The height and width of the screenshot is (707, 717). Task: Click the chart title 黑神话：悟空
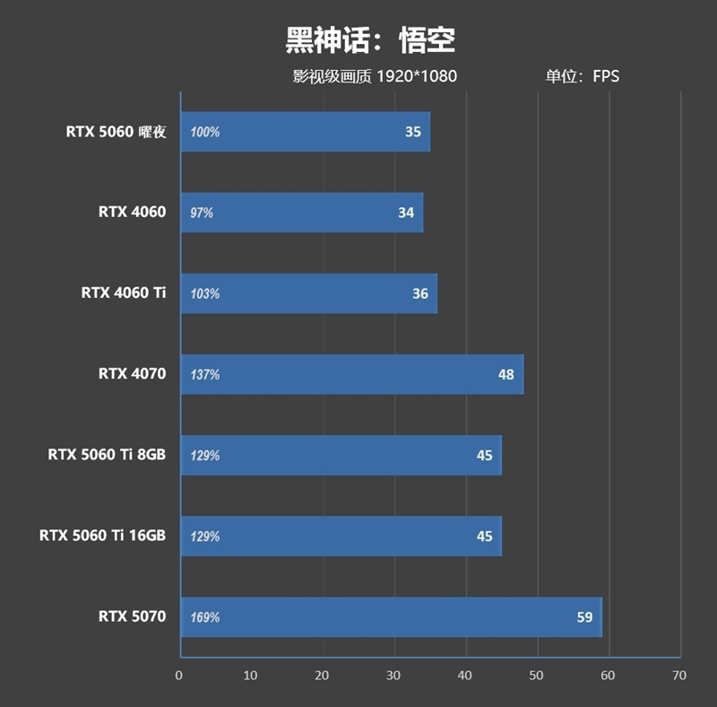370,39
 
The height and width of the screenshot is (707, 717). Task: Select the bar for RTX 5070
390,617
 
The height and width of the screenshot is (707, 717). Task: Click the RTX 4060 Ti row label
124,293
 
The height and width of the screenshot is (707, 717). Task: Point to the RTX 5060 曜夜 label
116,132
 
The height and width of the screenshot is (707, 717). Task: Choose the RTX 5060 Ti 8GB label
107,455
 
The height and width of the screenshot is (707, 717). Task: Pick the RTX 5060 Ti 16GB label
102,537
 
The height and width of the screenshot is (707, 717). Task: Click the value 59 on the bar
584,617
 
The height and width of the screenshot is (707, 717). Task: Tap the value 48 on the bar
506,374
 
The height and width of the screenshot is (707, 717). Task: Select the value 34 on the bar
406,213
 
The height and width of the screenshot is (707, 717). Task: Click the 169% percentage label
204,617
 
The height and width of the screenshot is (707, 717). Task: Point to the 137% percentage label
204,375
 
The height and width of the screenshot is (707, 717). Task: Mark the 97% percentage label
202,214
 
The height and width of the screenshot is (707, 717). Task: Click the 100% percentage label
204,132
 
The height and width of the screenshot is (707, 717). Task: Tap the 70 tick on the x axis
679,675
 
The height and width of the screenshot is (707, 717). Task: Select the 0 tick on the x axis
179,675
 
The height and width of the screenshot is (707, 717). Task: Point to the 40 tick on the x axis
464,675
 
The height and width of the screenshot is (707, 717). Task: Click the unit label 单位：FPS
583,76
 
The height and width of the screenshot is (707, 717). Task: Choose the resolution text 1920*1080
417,76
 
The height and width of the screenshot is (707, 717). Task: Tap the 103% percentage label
204,294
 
